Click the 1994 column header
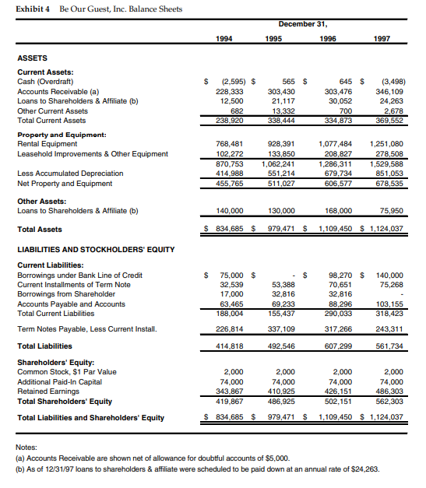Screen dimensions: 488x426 click(223, 37)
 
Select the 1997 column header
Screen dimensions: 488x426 click(383, 37)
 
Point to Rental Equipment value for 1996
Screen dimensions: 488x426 click(336, 144)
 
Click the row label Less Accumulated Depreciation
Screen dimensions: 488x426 click(70, 174)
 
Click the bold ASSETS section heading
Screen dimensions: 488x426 click(33, 58)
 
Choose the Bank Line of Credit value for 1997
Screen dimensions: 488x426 click(389, 276)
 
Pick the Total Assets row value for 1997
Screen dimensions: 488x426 click(386, 229)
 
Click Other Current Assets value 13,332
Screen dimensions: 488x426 click(283, 111)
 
